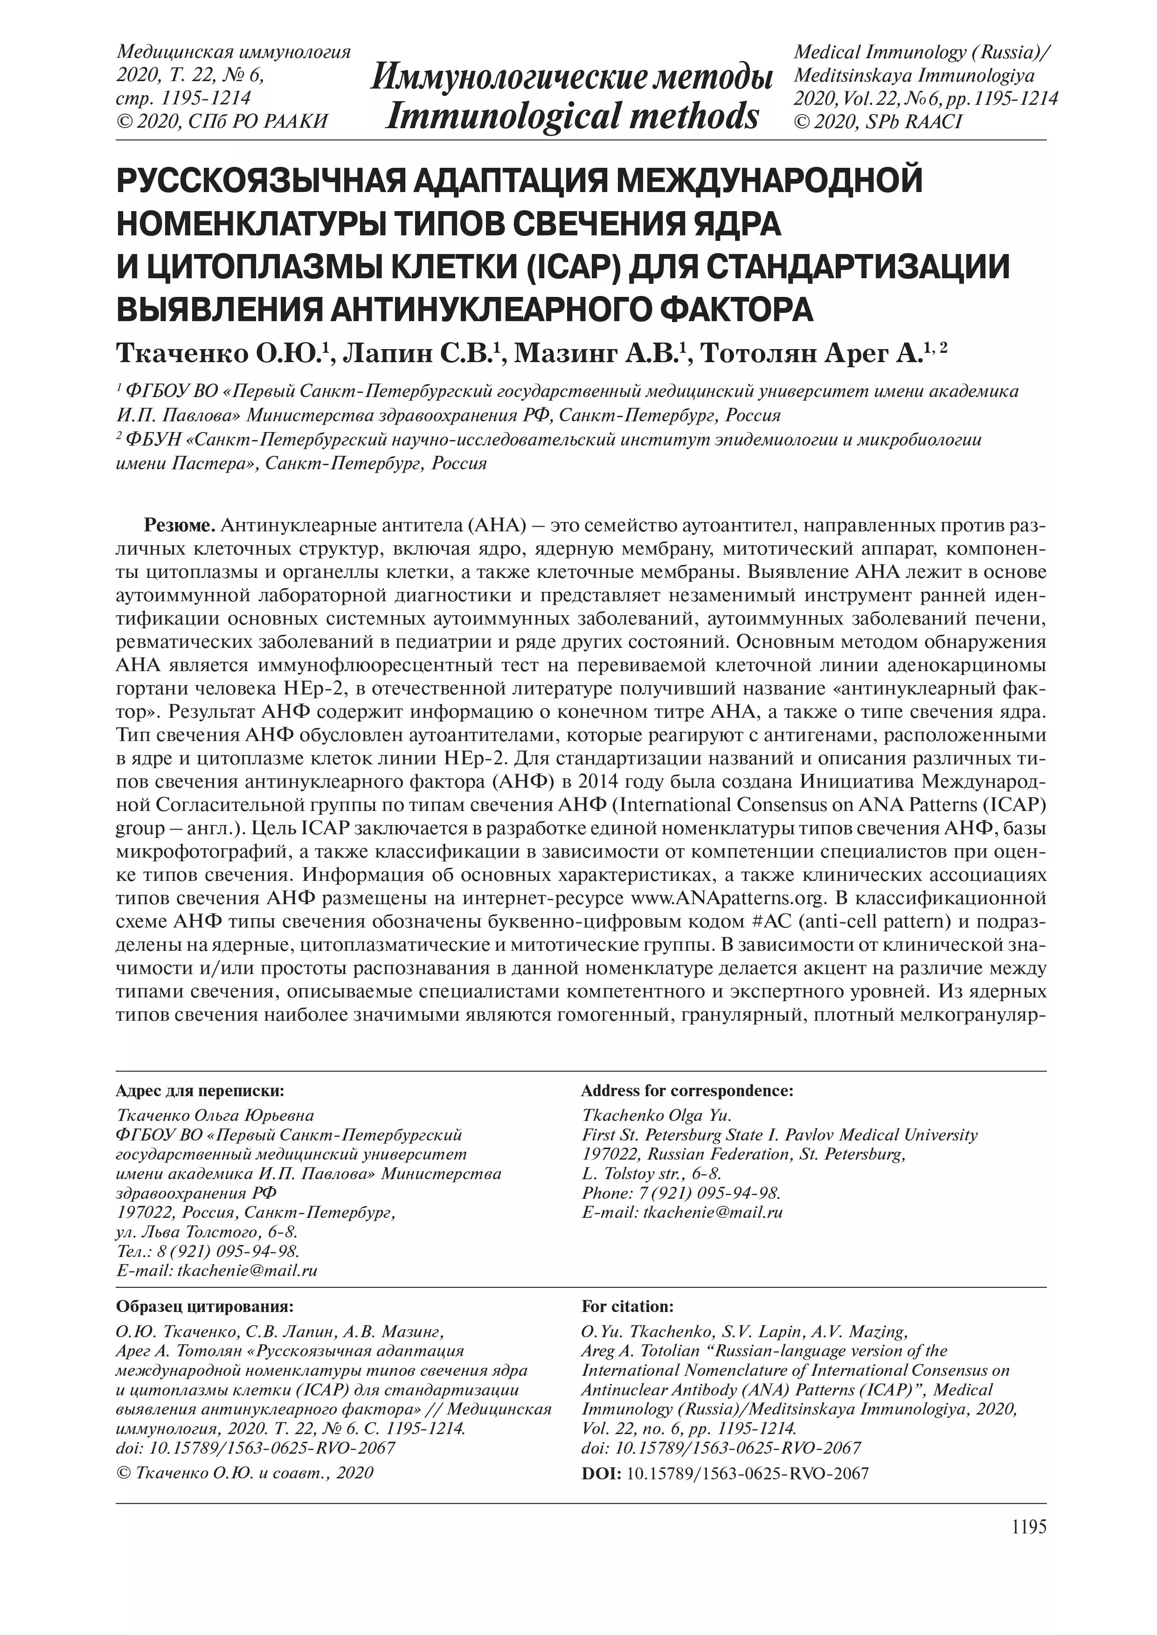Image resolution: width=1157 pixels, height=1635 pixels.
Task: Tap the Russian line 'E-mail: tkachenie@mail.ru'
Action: click(216, 1271)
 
